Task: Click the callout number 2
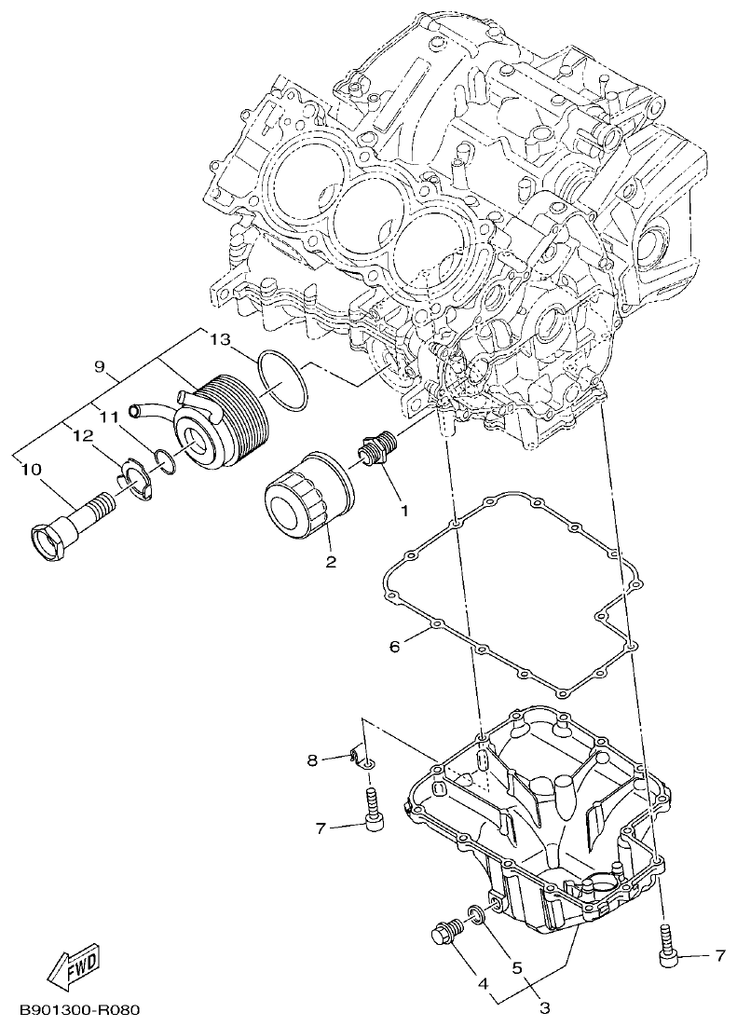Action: (331, 562)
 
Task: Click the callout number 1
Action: (404, 511)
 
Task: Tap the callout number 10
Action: (31, 471)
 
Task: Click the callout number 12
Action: (82, 436)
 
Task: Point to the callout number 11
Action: (108, 417)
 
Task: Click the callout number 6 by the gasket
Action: (394, 646)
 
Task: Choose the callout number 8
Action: (313, 760)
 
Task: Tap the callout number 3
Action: (545, 1007)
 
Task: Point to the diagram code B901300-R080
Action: (75, 1010)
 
